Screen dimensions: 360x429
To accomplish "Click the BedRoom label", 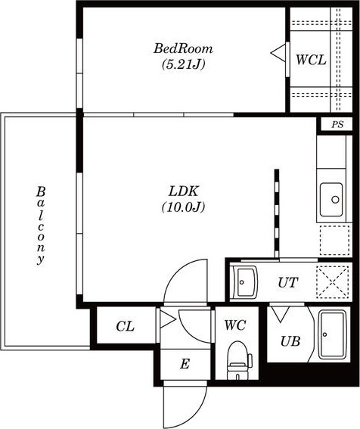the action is (183, 48).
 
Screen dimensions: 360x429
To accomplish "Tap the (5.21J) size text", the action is (183, 64).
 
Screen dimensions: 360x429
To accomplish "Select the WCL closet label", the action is (311, 60).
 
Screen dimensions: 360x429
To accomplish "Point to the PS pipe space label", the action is (337, 125).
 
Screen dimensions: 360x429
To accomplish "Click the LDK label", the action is (183, 191).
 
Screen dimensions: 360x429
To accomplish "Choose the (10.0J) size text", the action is (183, 207).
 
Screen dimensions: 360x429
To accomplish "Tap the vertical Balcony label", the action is (41, 225).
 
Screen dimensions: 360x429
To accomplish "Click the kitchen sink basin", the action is (331, 200).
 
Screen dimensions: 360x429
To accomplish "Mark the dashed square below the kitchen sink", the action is (334, 240).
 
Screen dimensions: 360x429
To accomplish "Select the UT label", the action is (287, 282).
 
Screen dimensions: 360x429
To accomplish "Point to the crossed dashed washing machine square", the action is (332, 281).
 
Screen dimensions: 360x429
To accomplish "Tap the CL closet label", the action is (125, 326).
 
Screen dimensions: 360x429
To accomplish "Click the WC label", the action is (235, 325).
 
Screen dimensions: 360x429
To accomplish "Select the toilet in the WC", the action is (238, 360).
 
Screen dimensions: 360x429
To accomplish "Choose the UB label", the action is (290, 341).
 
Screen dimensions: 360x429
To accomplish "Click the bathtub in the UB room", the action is (332, 334).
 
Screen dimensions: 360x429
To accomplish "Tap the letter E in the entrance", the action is (185, 364).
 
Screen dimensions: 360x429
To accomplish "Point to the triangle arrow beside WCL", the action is (278, 53).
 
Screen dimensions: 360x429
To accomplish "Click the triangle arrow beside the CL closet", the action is (167, 319).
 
